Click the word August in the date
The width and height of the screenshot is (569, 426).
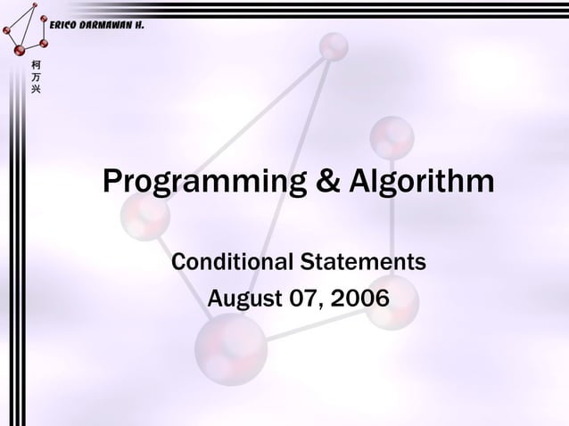coord(240,299)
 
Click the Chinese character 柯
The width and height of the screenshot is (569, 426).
coord(35,65)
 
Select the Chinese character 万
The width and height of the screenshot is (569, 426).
coord(35,78)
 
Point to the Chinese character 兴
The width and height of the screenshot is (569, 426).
coord(35,90)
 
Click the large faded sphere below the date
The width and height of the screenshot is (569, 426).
coord(231,348)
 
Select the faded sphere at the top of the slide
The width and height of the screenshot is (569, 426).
coord(334,45)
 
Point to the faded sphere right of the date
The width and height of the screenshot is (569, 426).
coord(392,302)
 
